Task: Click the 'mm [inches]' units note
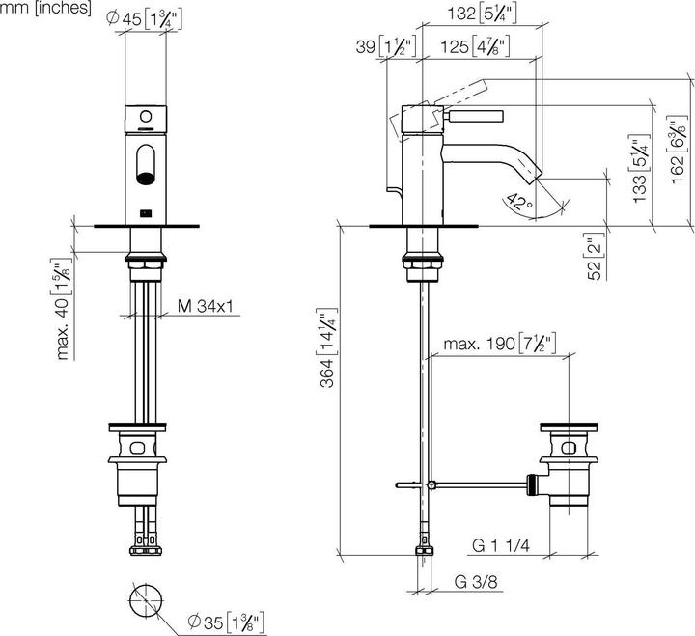tap(46, 9)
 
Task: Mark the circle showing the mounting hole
tap(147, 601)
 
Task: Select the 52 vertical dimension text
tap(595, 257)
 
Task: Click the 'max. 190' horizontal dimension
tap(499, 344)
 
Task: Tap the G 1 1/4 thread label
tap(502, 545)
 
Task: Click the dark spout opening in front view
tap(146, 176)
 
